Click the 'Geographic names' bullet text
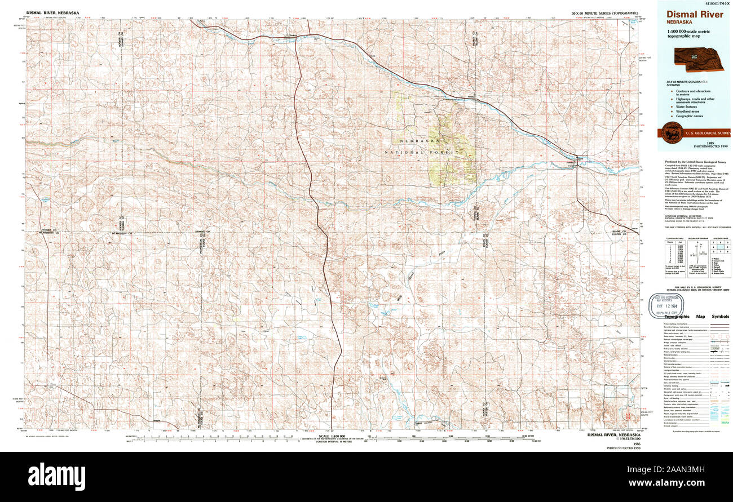695,116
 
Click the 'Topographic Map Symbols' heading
696,317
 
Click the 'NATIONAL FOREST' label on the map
412,153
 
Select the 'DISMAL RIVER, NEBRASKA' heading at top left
52,12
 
